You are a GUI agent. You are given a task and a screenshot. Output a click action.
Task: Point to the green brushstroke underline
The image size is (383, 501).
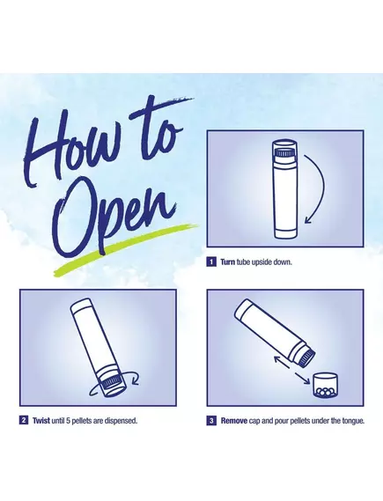pos(126,249)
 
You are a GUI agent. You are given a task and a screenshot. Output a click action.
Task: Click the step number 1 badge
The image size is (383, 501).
pos(211,262)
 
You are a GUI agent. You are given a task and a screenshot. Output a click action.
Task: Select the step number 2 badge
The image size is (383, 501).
pos(24,420)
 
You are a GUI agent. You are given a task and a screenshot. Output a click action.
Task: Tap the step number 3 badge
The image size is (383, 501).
pos(211,421)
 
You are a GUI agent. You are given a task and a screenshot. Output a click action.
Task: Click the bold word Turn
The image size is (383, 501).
pos(227,262)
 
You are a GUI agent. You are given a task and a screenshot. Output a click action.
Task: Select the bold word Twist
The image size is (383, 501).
pos(41,421)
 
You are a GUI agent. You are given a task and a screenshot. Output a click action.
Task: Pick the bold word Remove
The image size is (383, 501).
pos(234,421)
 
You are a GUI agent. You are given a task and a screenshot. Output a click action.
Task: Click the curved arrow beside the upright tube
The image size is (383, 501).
pos(315,188)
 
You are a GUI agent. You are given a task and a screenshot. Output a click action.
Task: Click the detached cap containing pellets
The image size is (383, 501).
pos(325,386)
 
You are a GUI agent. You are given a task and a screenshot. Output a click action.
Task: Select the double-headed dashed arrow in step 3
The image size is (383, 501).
pos(292,371)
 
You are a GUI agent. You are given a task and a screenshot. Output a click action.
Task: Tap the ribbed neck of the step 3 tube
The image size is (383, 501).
pos(306,357)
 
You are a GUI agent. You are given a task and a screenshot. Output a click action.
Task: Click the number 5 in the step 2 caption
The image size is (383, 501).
pos(68,421)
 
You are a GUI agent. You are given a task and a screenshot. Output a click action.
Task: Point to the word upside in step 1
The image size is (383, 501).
pos(260,262)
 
